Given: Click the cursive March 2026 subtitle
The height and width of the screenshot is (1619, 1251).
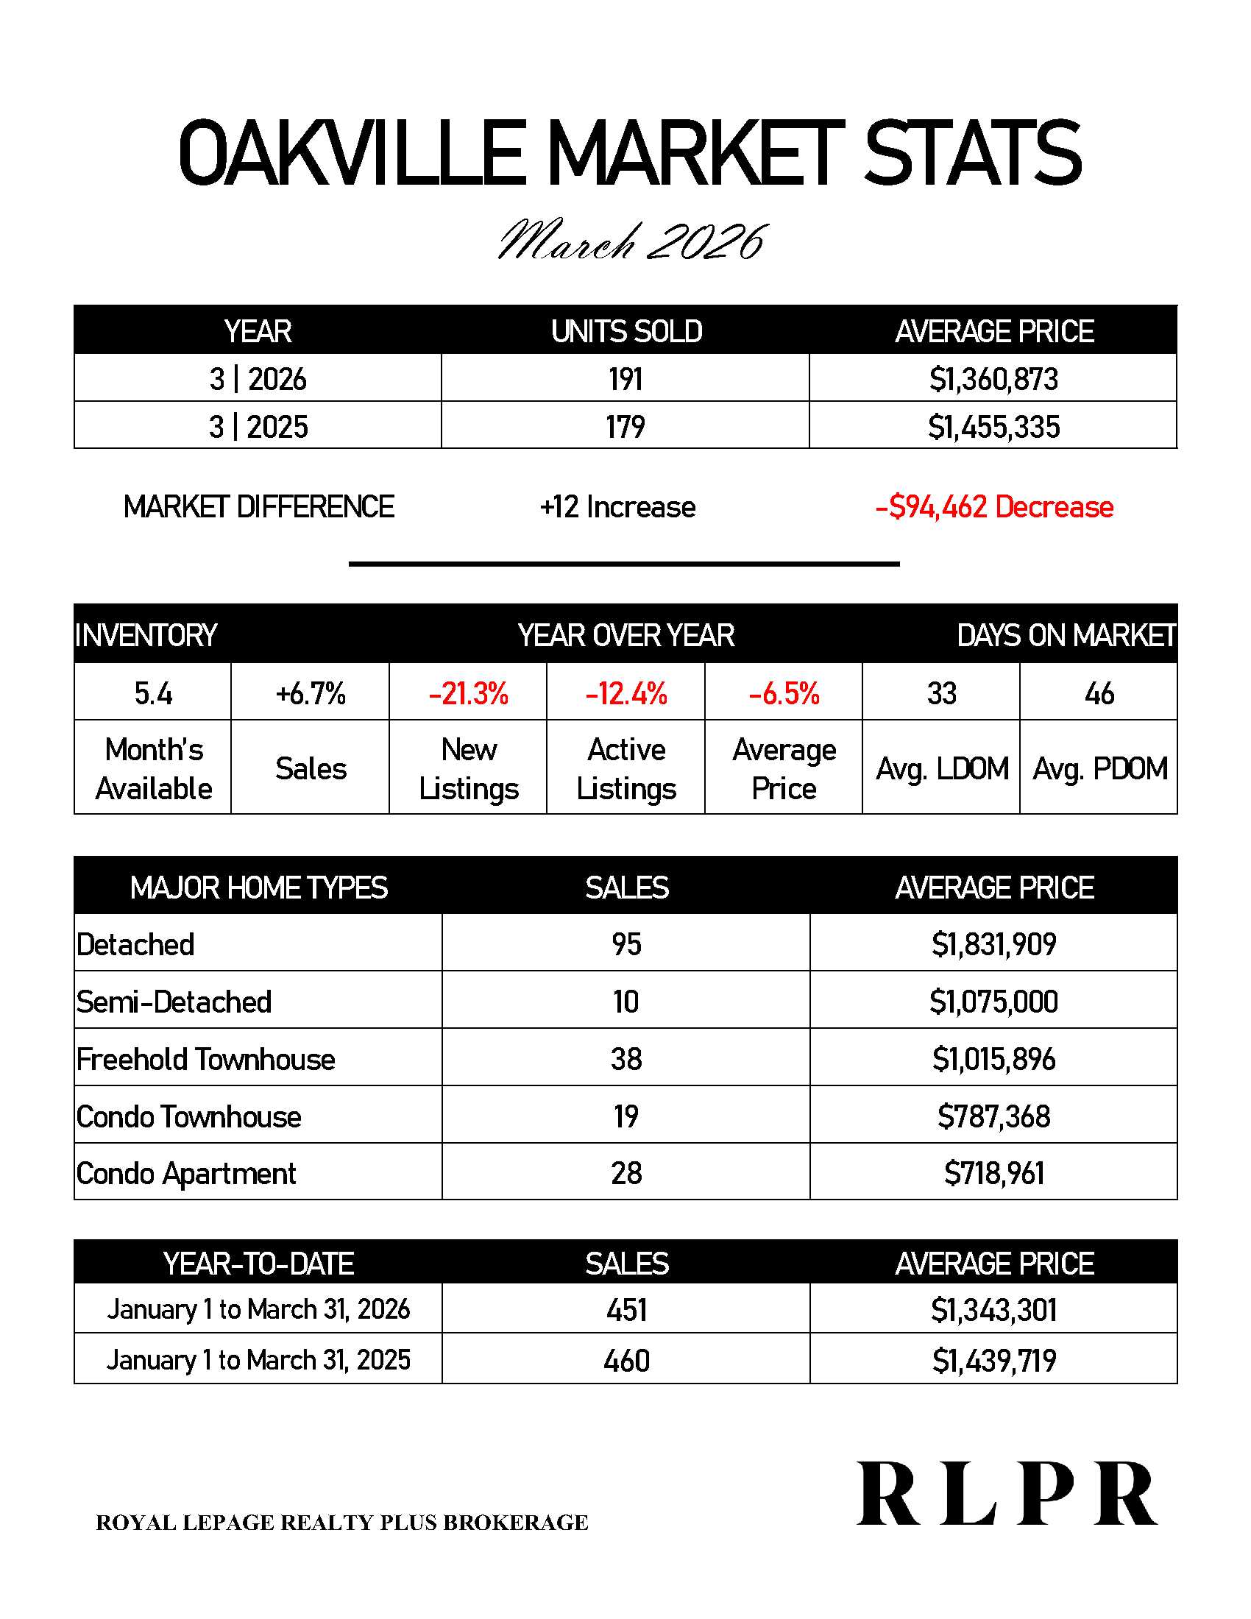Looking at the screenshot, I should coord(631,241).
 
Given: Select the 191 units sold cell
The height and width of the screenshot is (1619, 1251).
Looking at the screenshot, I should coord(625,380).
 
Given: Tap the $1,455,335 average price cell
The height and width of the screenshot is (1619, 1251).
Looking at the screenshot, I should coord(993,427).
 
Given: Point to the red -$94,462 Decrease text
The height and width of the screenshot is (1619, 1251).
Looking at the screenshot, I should coord(994,507).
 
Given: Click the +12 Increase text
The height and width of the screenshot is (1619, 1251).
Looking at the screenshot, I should coord(617,507).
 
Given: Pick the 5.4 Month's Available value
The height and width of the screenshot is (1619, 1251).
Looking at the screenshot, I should coord(152,694).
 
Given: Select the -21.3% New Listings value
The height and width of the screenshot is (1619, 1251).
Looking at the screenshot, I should coord(468,694).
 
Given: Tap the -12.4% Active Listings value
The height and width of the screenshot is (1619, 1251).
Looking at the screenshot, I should coord(626,694).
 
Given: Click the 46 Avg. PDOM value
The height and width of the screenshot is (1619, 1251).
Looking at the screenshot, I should coord(1099,694).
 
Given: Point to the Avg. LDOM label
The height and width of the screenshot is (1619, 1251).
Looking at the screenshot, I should coord(942,769).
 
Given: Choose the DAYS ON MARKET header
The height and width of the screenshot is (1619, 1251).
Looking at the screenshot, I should coord(1066,635).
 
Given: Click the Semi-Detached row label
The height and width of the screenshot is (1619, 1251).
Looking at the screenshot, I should coord(174,1002).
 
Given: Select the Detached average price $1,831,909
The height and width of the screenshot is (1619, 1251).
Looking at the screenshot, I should coord(993,944).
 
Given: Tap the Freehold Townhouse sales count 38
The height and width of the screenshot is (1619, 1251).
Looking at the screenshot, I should coord(626,1059).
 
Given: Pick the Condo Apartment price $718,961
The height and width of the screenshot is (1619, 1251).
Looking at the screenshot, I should coord(993,1174).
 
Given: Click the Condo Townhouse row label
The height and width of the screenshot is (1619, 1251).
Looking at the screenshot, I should coord(189,1116).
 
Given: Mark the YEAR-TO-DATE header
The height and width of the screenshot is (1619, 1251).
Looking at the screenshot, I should coord(258,1263).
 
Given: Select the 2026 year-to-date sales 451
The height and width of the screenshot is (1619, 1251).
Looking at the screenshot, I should coord(626,1310).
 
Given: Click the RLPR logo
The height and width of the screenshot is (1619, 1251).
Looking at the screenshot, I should coord(1007,1494).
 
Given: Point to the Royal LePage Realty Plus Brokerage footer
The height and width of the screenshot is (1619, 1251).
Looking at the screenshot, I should coord(341,1523).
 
